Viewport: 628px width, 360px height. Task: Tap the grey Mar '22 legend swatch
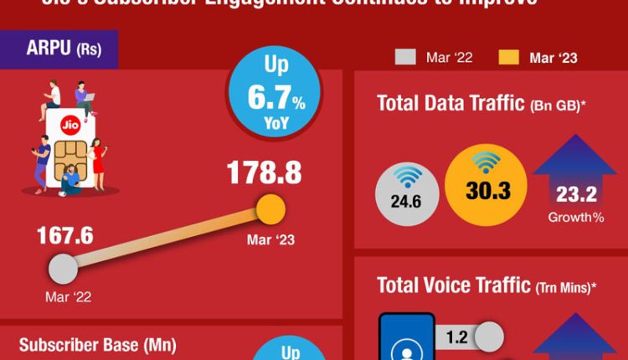pyautogui.click(x=404, y=57)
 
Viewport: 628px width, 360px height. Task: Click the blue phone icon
pyautogui.click(x=407, y=338)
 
